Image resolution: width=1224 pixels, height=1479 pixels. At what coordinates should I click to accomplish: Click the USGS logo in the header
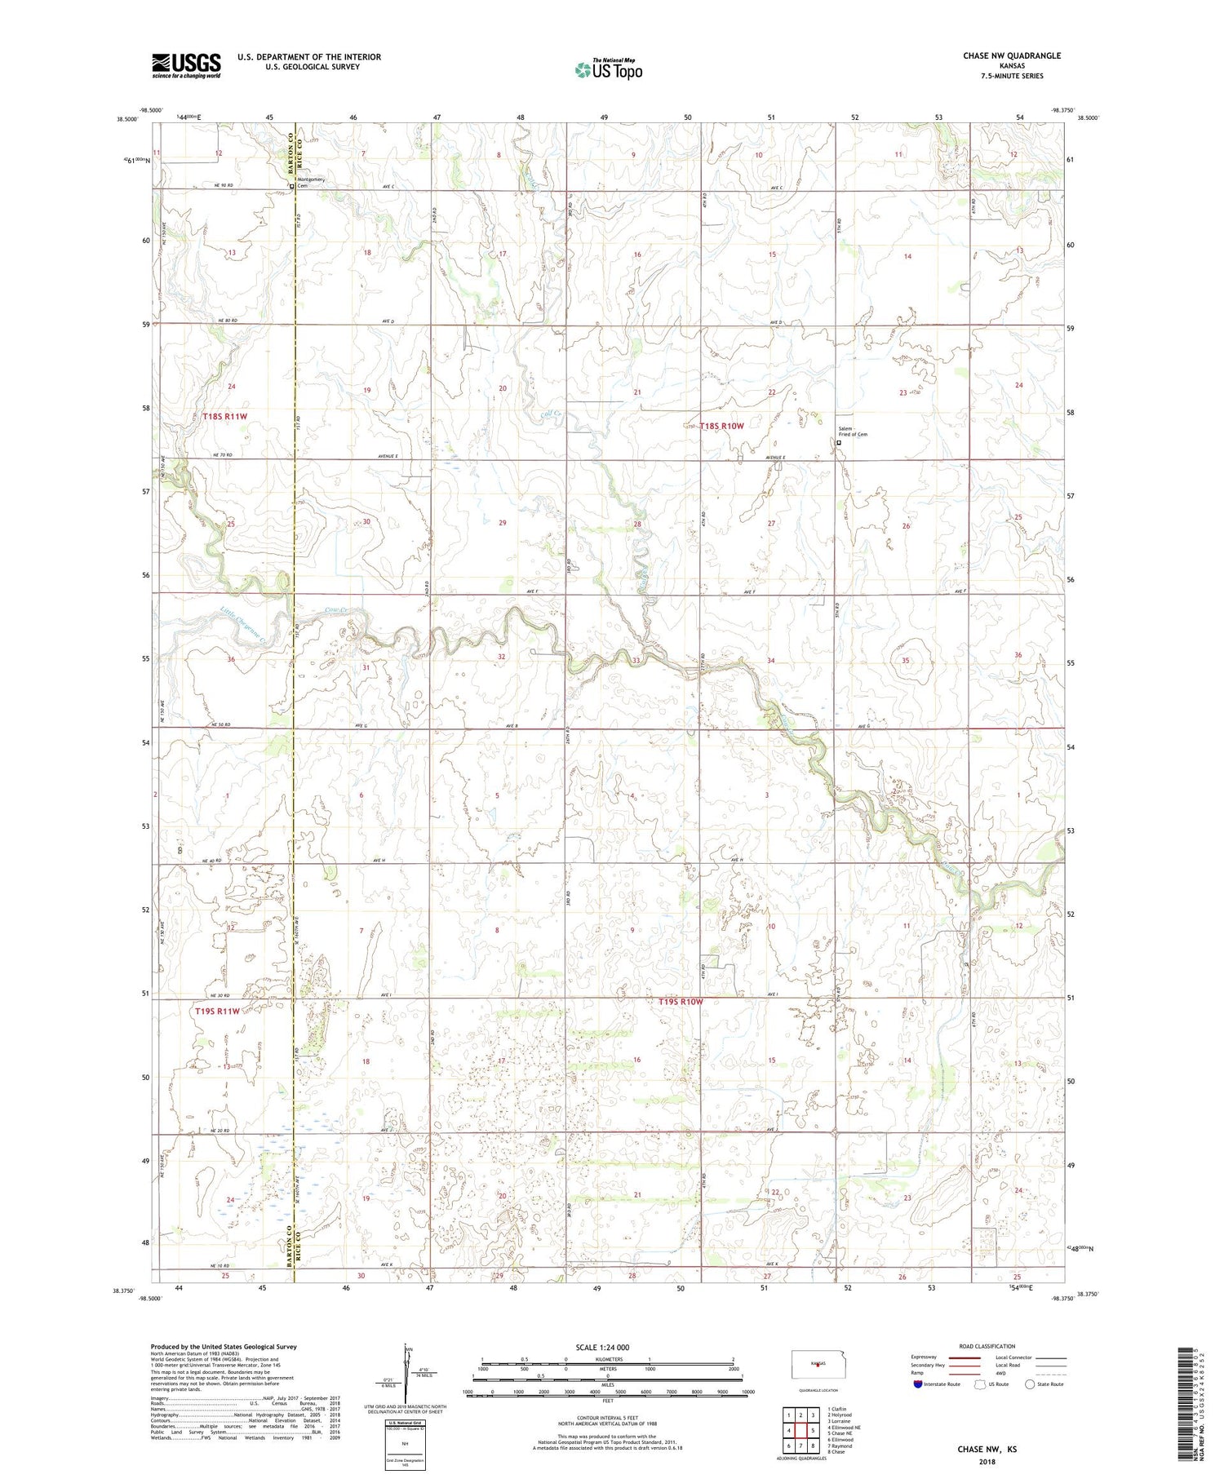pos(186,65)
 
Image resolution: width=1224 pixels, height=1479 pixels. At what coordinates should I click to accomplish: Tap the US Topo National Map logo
pos(608,70)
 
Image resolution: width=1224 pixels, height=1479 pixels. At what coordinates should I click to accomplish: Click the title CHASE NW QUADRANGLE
pos(1011,55)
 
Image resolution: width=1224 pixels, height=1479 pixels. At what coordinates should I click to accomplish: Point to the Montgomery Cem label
pos(311,182)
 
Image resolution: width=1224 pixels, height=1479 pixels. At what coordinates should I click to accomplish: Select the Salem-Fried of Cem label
pos(852,432)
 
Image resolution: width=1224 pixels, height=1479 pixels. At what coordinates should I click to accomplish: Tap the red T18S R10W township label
pos(721,426)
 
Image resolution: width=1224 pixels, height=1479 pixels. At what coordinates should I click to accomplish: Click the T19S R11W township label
pos(217,1012)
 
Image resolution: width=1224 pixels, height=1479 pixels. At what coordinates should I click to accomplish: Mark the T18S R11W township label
pos(224,416)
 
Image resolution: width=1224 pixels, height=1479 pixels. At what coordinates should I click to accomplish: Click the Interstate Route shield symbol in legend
pos(918,1384)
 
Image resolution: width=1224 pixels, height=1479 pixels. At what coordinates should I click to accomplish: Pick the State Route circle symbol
pos(1031,1384)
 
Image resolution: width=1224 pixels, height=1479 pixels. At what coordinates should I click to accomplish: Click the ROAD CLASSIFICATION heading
pos(987,1346)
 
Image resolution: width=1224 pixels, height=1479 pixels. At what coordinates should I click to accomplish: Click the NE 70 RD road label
pos(223,455)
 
